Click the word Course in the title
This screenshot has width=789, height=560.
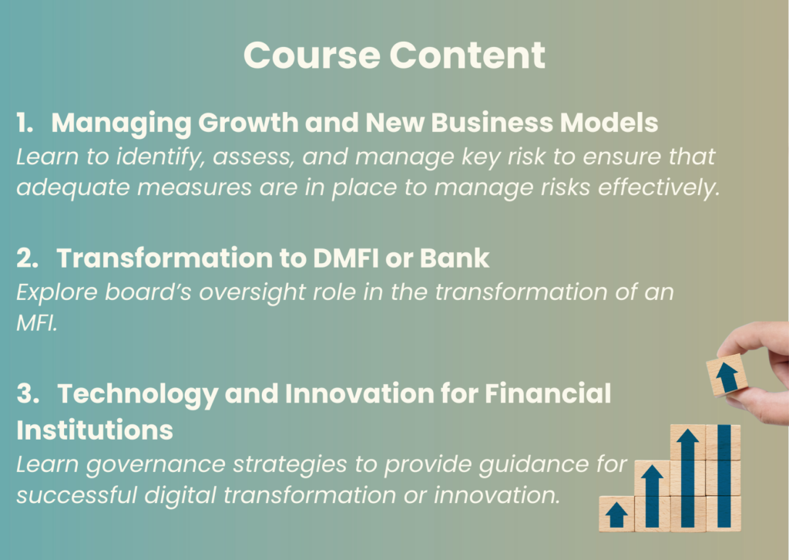[311, 55]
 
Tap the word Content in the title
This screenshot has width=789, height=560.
[467, 55]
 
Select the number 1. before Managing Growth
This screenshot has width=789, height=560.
[25, 123]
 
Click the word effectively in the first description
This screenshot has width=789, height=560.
[660, 187]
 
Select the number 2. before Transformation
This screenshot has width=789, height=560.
[27, 258]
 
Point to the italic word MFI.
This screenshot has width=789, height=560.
[37, 322]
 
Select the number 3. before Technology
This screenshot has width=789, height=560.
[28, 393]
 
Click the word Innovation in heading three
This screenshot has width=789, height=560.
[360, 393]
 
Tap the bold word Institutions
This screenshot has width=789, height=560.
[95, 430]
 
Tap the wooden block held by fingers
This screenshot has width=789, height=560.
[727, 375]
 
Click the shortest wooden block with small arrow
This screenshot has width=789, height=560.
[616, 514]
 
